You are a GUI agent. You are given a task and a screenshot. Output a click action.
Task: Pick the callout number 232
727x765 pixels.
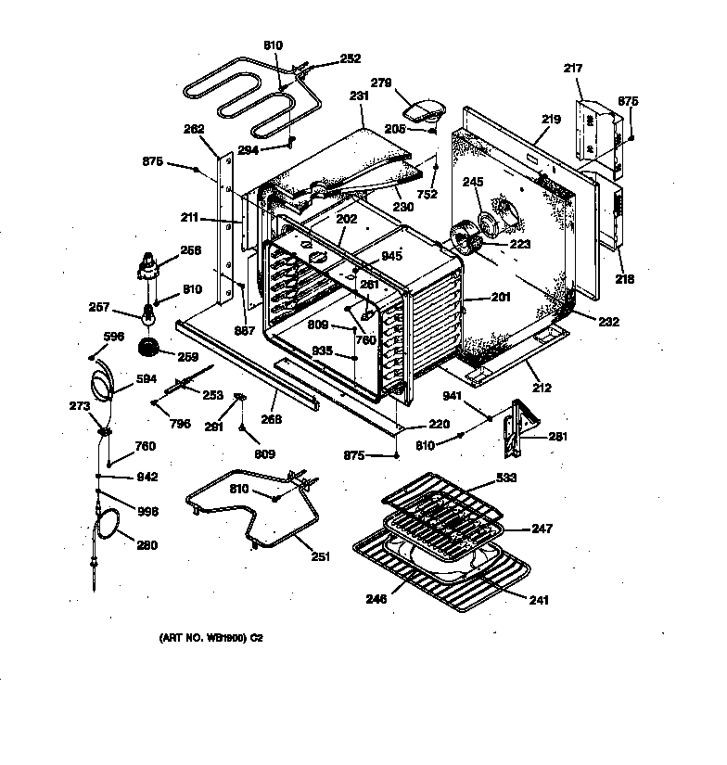pos(608,322)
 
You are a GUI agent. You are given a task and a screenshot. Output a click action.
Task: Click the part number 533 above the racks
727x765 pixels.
pos(506,478)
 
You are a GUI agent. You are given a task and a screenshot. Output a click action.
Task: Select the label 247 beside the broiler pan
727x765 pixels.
pos(541,529)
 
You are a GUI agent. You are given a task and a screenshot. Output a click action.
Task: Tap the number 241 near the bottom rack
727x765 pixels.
pos(537,599)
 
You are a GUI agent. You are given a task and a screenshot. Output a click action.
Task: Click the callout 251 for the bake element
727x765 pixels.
pos(320,556)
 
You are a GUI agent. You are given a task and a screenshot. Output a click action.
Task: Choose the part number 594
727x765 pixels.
pos(148,378)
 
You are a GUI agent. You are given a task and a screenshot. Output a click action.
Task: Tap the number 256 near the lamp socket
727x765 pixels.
pos(190,250)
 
